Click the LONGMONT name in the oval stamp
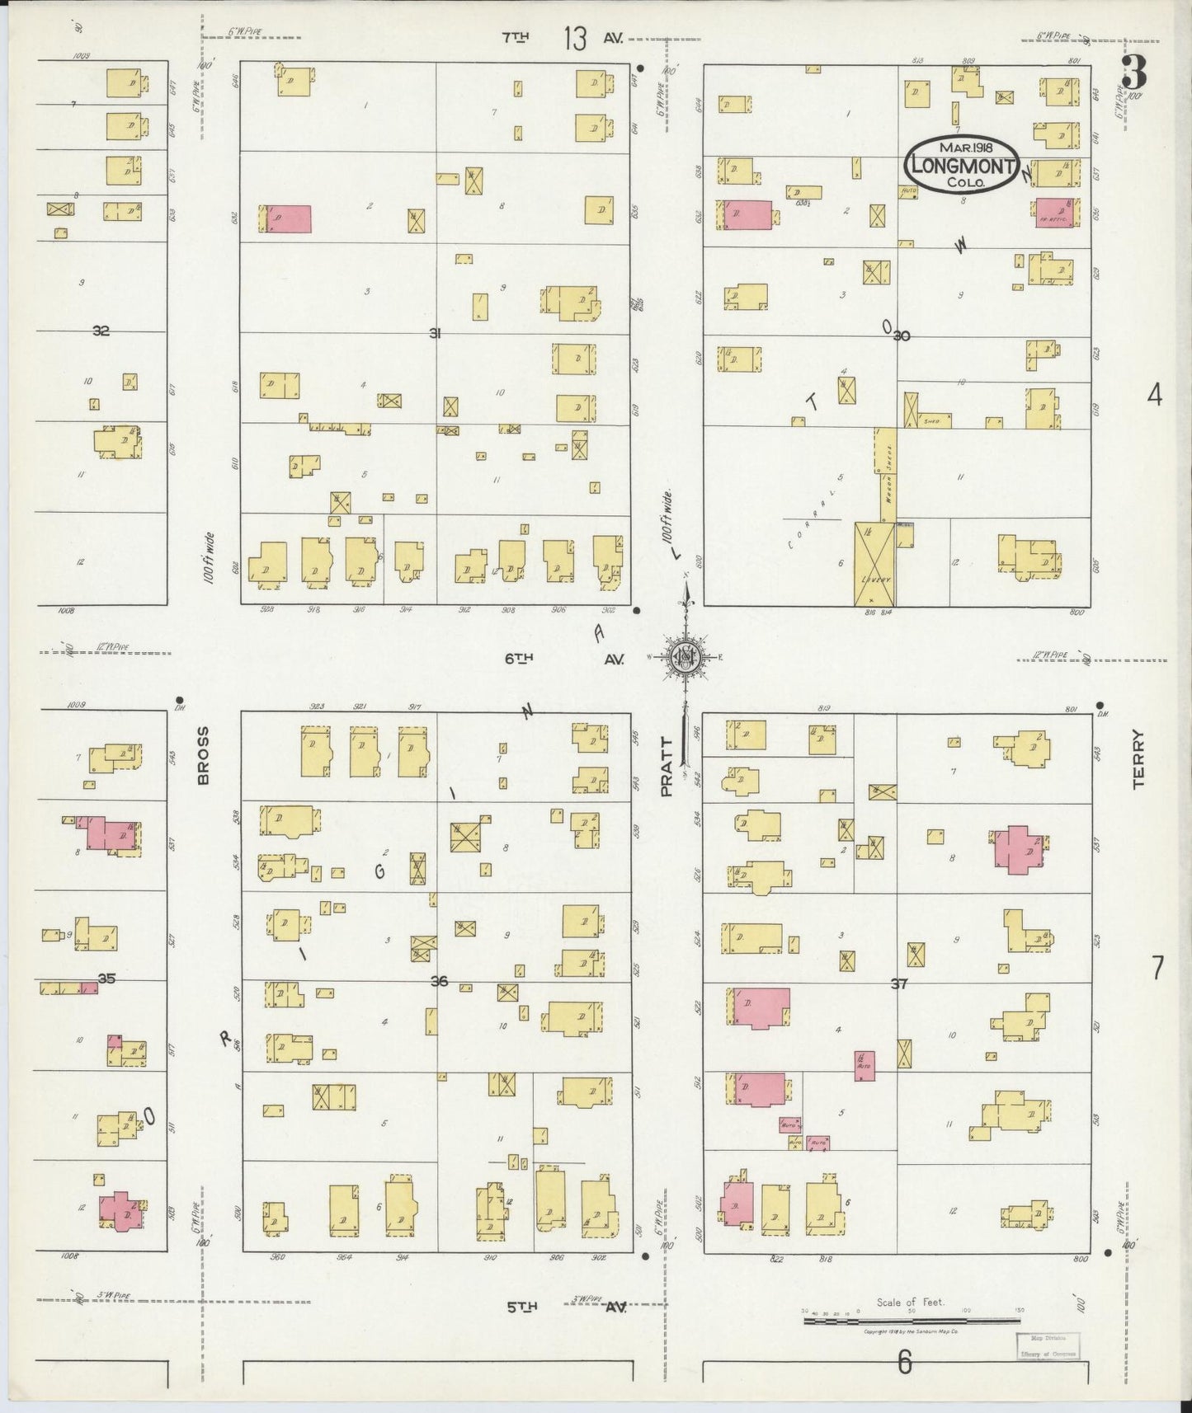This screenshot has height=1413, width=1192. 962,166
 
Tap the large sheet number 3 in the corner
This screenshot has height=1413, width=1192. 1134,74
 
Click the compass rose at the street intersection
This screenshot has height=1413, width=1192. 685,656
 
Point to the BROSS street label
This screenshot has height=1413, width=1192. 203,755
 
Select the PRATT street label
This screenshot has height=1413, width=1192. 667,767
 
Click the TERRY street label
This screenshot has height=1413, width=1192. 1139,759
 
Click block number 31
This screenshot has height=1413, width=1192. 435,333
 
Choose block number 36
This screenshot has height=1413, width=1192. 439,981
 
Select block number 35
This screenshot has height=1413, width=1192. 106,979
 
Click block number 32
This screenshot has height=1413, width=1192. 101,331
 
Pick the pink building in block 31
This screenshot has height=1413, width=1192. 286,218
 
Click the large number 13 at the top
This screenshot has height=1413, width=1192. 575,38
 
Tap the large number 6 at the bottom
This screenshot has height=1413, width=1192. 905,1364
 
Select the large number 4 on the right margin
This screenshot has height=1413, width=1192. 1154,396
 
